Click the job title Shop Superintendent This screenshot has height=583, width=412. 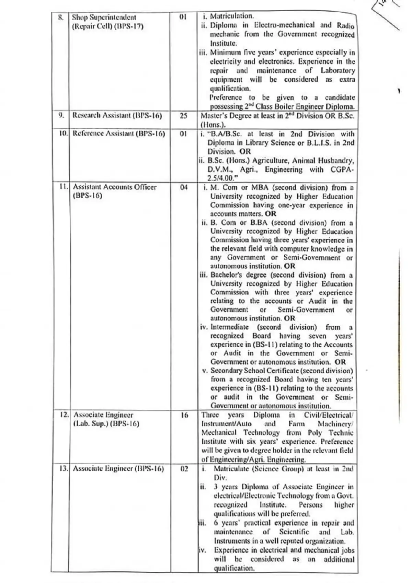[x=104, y=17]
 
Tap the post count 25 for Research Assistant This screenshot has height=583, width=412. [x=184, y=116]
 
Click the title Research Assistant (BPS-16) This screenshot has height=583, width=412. [x=117, y=115]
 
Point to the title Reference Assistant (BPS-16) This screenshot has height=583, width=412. [x=119, y=133]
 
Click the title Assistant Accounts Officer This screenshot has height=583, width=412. [x=115, y=187]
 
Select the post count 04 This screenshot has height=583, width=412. [x=184, y=187]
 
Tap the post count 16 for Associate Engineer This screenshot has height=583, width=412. [x=184, y=415]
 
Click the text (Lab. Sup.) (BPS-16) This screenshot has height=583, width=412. [x=106, y=424]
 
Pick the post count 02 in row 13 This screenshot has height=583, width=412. [x=184, y=469]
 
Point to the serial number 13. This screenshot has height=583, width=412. [x=64, y=468]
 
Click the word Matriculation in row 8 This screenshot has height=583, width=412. [x=232, y=16]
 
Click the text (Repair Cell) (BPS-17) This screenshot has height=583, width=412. [x=107, y=26]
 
